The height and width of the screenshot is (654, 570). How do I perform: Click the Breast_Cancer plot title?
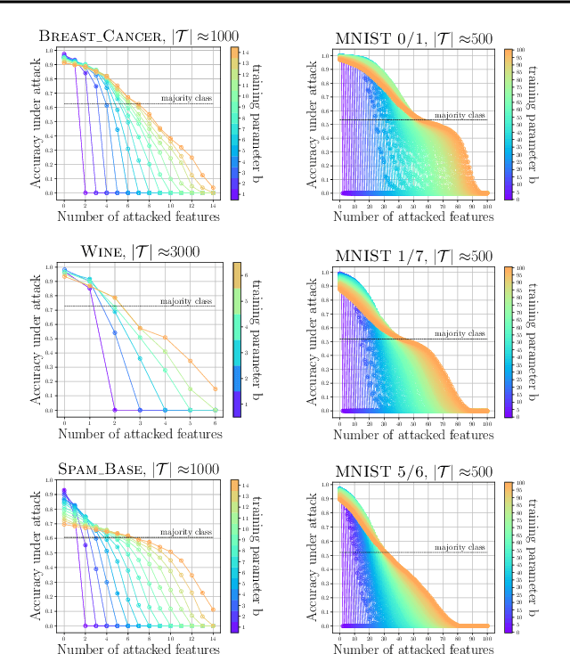point(139,37)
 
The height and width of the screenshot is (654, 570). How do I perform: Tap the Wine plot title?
point(139,251)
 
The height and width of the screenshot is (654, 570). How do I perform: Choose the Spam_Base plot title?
point(139,469)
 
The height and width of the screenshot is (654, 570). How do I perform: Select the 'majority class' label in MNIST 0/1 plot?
point(460,115)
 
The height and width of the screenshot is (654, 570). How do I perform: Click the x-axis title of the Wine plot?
point(139,434)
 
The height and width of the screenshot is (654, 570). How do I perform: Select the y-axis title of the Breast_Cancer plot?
point(37,122)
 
